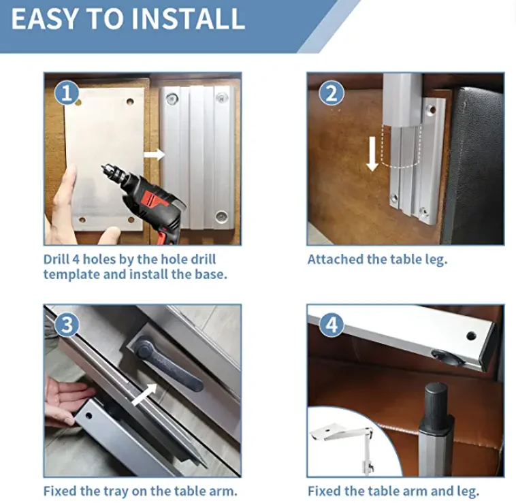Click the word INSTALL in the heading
(x=188, y=19)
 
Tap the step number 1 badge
(x=67, y=93)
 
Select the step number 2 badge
(x=332, y=93)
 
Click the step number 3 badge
(x=67, y=325)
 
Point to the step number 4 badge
(x=332, y=325)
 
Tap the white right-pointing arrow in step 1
(x=154, y=155)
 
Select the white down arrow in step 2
(x=372, y=154)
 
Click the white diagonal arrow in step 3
(x=144, y=394)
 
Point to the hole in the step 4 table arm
(x=471, y=336)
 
